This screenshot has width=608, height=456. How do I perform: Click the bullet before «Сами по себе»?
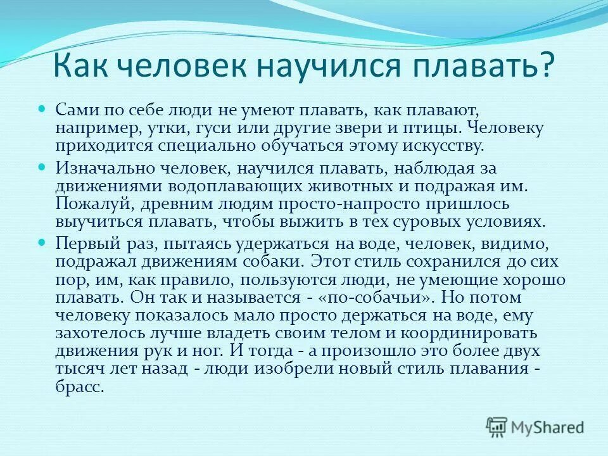tap(43, 109)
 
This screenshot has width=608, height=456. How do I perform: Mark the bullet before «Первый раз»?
tap(43, 242)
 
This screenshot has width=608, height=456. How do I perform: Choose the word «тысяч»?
tap(77, 369)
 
